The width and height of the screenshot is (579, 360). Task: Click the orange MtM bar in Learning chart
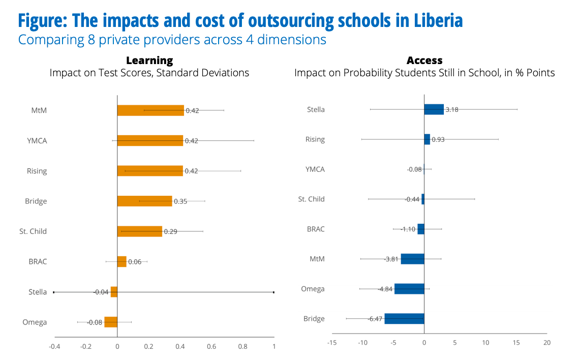point(150,110)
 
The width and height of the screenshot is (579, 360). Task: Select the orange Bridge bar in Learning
point(145,201)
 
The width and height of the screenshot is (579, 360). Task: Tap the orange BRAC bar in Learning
point(122,261)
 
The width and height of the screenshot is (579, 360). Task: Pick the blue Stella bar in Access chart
point(434,109)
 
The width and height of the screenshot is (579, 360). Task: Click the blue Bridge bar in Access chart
point(404,319)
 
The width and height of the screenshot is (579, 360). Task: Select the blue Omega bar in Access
point(409,289)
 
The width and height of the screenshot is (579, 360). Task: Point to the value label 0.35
point(180,201)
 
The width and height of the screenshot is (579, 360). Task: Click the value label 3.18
point(452,110)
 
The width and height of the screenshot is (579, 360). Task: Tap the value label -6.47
point(375,319)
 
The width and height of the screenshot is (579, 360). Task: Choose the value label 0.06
point(135,262)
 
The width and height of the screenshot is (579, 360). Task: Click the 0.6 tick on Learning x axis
point(211,346)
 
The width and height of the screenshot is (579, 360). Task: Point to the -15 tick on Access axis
point(332,343)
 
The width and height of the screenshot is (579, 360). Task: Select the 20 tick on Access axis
point(547,343)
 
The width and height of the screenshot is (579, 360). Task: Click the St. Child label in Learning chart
point(33,231)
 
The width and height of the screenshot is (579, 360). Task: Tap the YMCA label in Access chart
point(315,169)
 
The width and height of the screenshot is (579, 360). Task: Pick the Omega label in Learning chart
point(35,322)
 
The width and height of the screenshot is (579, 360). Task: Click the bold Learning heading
point(149,61)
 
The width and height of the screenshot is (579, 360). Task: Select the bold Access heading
point(424,60)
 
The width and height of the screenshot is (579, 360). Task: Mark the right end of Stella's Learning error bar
point(273,292)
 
